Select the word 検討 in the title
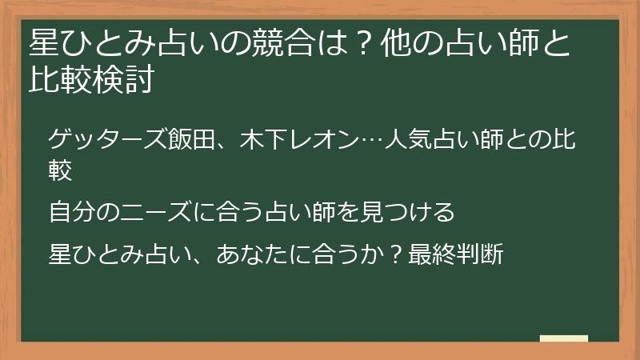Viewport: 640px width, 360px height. pos(125,79)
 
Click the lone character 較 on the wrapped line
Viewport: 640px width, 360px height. pos(60,169)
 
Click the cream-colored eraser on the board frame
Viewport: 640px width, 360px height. pos(563,338)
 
